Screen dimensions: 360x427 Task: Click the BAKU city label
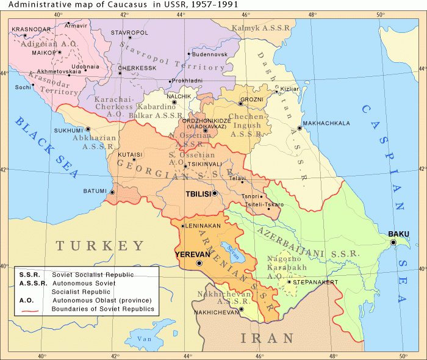[x=398, y=234]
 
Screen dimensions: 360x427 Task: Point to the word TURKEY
[x=100, y=246]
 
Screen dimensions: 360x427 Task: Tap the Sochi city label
[x=23, y=87]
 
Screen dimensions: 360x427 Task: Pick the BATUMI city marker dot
[x=112, y=192]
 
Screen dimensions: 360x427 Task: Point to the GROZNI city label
[x=251, y=99]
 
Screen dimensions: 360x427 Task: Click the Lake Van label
[x=143, y=339]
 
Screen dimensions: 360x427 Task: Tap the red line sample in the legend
[x=33, y=310]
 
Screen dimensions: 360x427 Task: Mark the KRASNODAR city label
[x=31, y=29]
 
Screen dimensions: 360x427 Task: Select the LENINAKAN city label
[x=202, y=226]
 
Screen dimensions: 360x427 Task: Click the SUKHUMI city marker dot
[x=88, y=129]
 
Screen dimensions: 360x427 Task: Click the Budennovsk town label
[x=209, y=54]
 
